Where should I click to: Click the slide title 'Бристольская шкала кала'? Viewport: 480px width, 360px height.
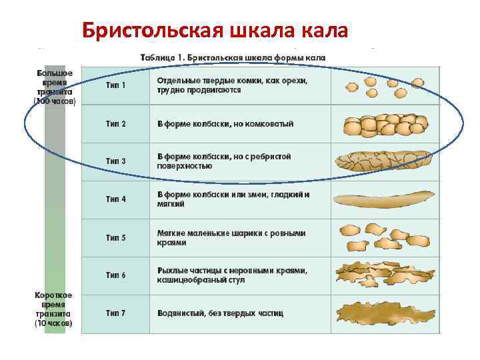pos(214,29)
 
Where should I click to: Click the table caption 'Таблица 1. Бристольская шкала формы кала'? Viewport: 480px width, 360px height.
pos(233,58)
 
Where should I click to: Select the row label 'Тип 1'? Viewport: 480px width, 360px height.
pos(115,85)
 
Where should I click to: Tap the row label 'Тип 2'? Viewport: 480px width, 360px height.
pos(115,124)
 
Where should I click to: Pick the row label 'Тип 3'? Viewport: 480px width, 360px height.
pos(115,161)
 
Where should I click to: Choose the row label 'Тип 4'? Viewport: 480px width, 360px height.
pos(115,199)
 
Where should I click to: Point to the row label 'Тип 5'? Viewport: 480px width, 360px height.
pos(115,237)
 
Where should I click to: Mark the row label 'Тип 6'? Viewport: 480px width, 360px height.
pos(115,275)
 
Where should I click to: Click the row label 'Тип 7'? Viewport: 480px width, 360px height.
pos(115,313)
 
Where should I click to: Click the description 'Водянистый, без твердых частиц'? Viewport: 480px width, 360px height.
pos(220,313)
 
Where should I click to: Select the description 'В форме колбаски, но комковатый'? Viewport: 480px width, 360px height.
pos(225,124)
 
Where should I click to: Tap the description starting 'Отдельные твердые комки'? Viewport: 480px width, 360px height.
pos(232,85)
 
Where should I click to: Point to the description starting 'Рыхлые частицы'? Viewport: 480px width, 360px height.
pos(232,275)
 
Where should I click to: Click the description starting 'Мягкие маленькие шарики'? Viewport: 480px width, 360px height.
pos(231,237)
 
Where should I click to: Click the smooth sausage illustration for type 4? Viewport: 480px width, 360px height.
pos(385,199)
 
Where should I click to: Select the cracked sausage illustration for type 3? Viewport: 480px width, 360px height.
pos(385,161)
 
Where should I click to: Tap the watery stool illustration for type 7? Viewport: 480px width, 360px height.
pos(385,312)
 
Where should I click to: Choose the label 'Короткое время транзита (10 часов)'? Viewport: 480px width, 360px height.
pos(55,309)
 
